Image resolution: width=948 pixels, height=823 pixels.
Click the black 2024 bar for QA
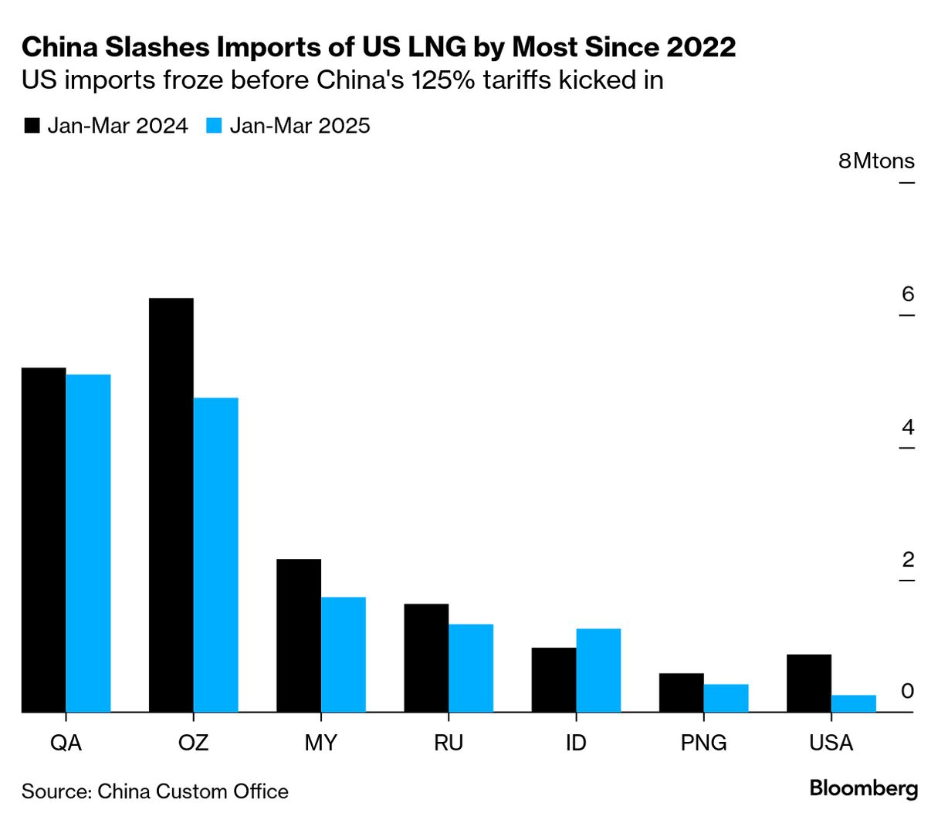(44, 540)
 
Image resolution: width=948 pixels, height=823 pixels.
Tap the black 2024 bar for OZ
(171, 505)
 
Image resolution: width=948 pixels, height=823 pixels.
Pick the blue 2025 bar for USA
(854, 703)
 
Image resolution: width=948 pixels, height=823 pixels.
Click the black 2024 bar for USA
(809, 683)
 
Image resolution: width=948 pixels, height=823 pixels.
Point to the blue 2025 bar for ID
(598, 670)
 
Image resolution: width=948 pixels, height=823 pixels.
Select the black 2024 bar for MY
(299, 635)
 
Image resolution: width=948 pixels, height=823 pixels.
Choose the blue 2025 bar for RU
(471, 668)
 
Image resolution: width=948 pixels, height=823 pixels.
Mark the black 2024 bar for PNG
(682, 693)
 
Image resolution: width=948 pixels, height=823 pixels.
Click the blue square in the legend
(214, 126)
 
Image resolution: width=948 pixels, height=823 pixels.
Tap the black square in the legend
(32, 126)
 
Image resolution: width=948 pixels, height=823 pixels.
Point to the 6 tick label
(907, 294)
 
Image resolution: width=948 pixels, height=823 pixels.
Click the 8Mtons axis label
(876, 161)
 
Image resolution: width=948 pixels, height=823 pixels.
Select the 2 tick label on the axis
(907, 560)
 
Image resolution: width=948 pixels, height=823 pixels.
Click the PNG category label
(703, 743)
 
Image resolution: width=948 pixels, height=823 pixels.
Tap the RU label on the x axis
(449, 743)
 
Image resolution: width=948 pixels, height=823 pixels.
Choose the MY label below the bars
(320, 743)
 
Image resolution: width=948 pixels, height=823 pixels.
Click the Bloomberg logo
(864, 788)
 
